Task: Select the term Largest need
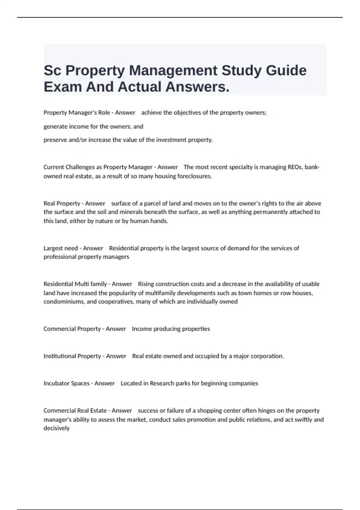[x=61, y=248]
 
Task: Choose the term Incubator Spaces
[x=66, y=383]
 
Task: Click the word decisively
[x=56, y=428]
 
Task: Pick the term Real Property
[x=62, y=203]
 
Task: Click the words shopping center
[x=219, y=411]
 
